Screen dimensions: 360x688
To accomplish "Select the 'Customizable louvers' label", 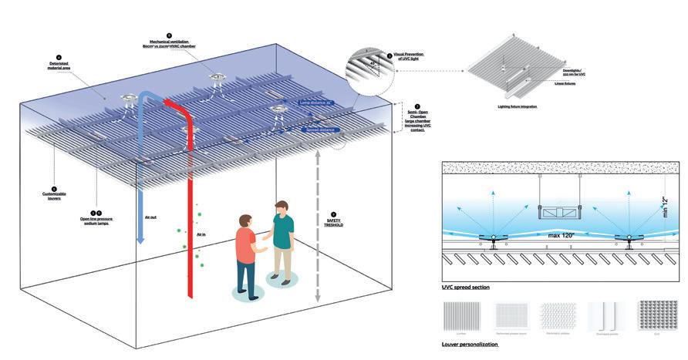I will (55, 195).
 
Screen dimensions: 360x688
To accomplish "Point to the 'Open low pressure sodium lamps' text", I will (97, 219).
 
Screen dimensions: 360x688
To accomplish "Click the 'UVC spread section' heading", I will (466, 287).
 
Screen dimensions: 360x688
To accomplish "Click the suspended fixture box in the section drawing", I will (557, 210).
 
